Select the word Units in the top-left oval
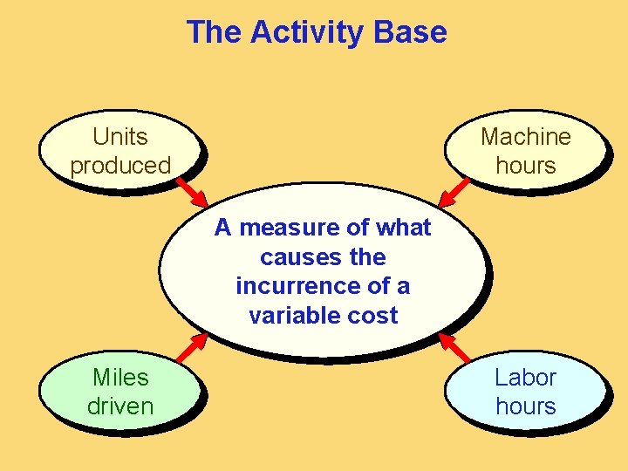(120, 137)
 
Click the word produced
(120, 166)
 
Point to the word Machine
(525, 137)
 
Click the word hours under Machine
(525, 166)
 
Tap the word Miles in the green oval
(120, 378)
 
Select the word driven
(120, 406)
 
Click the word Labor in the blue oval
(525, 378)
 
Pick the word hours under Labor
(525, 406)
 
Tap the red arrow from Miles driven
(191, 346)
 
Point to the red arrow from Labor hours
(454, 346)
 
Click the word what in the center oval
(404, 229)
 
